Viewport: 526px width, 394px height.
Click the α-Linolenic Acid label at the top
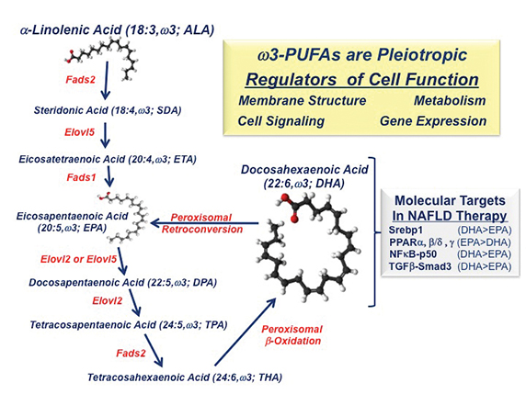(117, 30)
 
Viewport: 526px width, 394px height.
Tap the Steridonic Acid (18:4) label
(108, 110)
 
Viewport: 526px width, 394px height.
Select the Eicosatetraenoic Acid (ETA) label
(108, 159)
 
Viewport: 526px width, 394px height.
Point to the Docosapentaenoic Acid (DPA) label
(123, 283)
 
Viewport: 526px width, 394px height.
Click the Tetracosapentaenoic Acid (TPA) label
(129, 324)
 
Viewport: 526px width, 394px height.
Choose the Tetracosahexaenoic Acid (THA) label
(185, 377)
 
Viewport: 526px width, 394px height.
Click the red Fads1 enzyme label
(81, 177)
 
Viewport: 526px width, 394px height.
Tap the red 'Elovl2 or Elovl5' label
(78, 259)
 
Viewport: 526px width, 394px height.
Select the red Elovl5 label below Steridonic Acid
(79, 132)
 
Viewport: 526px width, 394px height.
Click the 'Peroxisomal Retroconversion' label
(202, 223)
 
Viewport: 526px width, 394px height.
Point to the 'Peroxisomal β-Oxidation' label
(292, 335)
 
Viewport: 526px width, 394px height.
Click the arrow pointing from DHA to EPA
(205, 223)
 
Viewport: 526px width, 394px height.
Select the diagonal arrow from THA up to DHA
(245, 332)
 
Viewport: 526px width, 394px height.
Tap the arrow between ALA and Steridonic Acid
(107, 81)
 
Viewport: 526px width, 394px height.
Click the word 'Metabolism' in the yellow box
(450, 100)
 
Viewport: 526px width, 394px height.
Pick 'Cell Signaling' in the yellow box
(281, 121)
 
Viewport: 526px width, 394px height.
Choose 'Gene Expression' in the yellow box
(433, 121)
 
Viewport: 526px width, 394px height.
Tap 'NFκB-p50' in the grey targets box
(413, 254)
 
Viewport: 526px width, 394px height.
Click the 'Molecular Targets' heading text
(450, 201)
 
